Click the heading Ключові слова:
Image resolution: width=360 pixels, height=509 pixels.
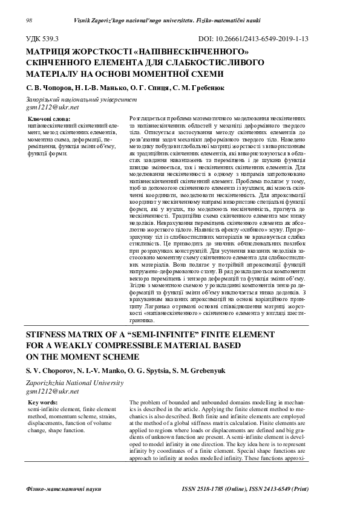click(x=50, y=119)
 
